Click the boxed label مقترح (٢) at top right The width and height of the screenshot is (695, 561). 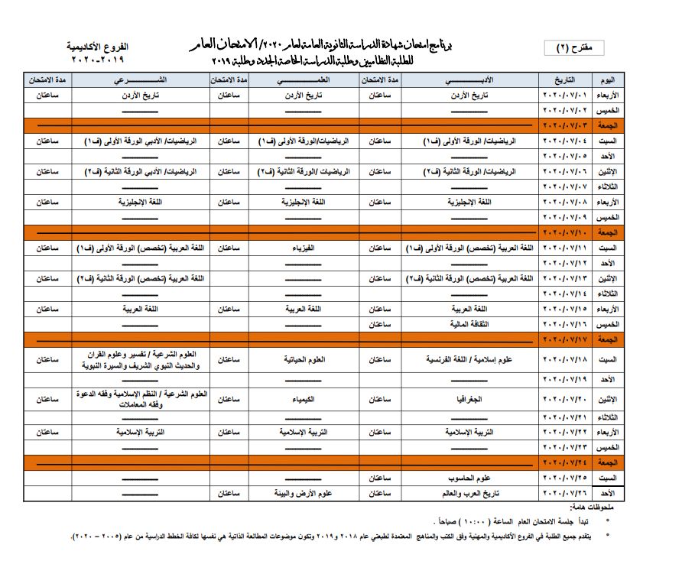click(580, 47)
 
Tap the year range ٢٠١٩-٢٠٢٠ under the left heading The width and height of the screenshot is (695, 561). click(96, 59)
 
